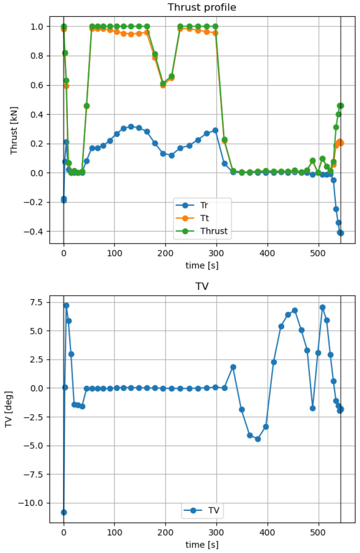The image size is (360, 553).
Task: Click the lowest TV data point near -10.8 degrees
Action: pos(63,512)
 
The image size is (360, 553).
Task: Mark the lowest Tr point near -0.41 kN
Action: pos(341,233)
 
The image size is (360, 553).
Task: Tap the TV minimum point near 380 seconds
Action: pos(258,439)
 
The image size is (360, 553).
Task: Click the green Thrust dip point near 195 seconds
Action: pos(163,83)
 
